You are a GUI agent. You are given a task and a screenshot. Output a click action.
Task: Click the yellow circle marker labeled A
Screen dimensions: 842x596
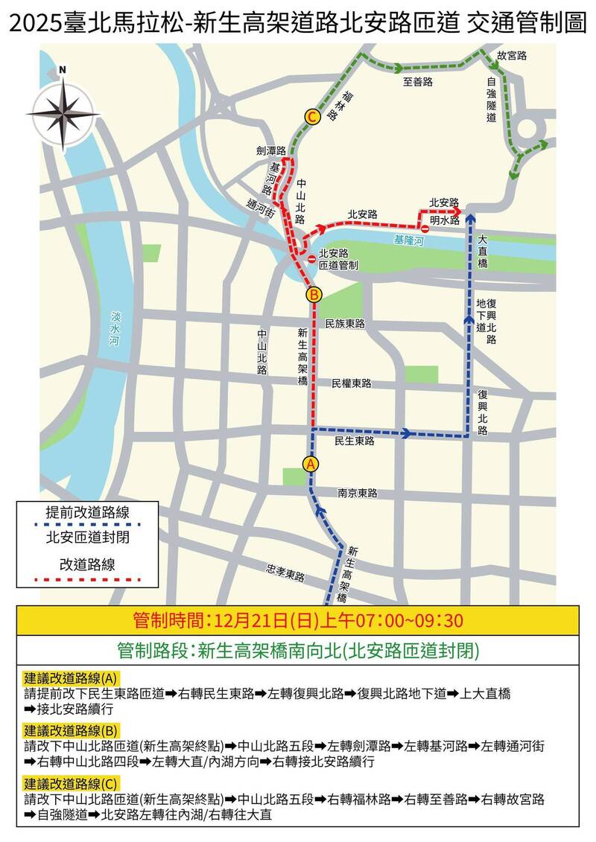tap(311, 463)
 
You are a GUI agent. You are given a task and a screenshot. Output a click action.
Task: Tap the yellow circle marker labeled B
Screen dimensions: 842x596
tap(314, 295)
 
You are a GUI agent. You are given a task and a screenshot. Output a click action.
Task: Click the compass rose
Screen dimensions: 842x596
tap(63, 113)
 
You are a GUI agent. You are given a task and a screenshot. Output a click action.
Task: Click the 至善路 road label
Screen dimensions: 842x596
tap(417, 82)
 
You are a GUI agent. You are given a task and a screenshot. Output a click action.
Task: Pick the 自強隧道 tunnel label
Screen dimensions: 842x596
tap(492, 99)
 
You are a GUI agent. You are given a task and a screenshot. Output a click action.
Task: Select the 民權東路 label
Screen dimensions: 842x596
tap(351, 383)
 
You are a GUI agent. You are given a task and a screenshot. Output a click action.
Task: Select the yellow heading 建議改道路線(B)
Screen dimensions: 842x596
tap(72, 729)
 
